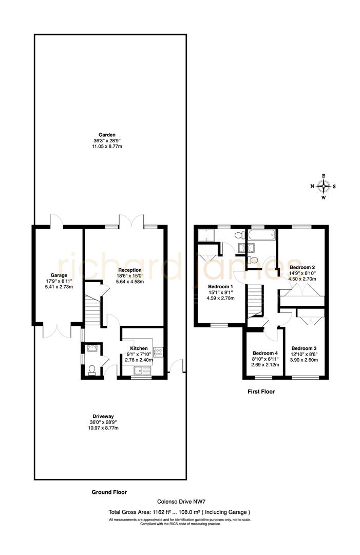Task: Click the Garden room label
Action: point(107,135)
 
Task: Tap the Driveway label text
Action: point(107,416)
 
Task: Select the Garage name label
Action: point(59,275)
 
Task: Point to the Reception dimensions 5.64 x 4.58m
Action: point(126,282)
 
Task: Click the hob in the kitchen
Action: point(159,353)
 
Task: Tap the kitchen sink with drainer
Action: point(140,371)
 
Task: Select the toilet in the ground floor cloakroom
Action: point(91,370)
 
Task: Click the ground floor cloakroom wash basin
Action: point(91,348)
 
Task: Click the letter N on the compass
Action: point(312,187)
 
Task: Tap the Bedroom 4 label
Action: point(264,353)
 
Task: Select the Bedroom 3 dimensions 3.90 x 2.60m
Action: point(305,360)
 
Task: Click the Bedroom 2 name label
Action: point(302,267)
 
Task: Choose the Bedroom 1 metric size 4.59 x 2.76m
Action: point(221,298)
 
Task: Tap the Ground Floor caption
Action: point(109,492)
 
